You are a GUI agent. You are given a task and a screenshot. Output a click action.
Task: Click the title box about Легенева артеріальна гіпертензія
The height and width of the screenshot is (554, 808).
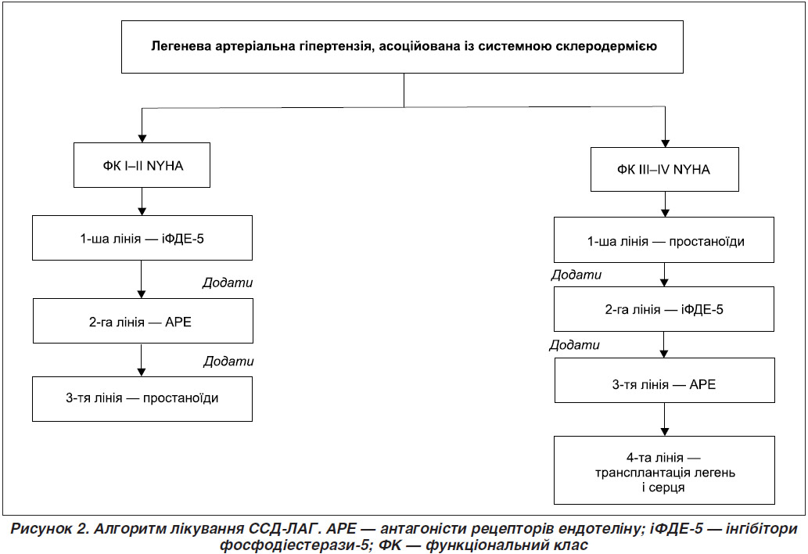pos(402,47)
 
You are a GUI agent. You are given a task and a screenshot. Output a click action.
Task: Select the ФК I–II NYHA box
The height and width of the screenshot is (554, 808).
pos(142,165)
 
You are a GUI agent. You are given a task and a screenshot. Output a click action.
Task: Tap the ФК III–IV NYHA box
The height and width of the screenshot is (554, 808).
pos(664,170)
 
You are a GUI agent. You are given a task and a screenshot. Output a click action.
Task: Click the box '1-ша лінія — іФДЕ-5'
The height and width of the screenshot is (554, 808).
pos(142,238)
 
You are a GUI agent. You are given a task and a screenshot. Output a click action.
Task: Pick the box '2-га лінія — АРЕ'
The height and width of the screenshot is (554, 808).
pos(142,321)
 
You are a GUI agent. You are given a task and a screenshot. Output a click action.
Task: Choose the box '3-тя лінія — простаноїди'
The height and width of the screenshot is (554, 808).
pos(142,399)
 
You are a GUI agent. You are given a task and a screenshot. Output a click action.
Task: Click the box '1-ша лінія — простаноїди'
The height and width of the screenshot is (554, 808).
pos(664,239)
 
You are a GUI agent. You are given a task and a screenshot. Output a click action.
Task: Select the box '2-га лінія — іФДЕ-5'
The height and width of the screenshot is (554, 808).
pos(664,309)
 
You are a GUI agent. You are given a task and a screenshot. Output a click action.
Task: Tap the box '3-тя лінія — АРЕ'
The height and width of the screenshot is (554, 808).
pos(664,380)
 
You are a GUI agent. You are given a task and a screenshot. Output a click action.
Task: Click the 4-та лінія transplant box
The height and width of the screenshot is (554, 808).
pos(664,470)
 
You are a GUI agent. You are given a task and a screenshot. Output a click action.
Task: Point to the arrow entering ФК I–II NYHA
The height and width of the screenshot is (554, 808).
pos(142,125)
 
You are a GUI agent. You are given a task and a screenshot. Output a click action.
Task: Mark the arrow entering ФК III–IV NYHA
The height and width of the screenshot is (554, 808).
pos(666,127)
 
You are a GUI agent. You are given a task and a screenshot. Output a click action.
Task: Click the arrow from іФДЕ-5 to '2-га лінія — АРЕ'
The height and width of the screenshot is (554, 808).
pos(142,279)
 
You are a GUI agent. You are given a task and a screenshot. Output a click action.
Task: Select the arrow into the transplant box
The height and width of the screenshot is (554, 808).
pos(665,419)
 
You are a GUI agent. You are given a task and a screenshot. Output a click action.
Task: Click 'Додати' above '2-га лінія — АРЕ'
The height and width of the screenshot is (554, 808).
pos(228,282)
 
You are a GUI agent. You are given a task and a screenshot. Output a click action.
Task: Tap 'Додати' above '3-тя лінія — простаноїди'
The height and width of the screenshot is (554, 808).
pos(228,361)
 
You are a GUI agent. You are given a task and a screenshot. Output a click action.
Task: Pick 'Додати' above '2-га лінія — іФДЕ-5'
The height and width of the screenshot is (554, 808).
pos(576,275)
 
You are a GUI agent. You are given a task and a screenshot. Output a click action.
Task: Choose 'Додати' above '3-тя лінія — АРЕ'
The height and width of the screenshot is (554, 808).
pos(575,345)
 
